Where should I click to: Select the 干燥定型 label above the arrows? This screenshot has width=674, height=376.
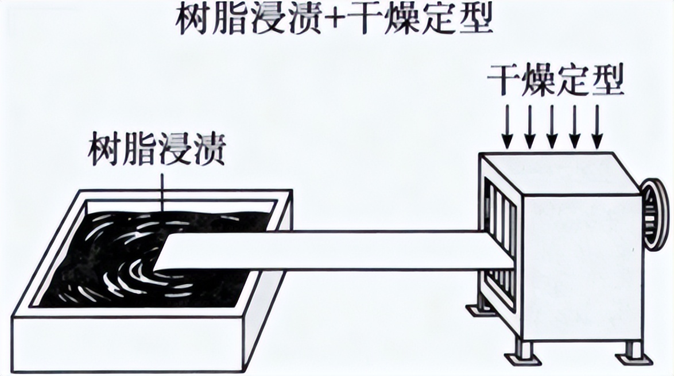pos(555,81)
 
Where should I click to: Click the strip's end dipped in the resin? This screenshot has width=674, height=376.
pos(172,253)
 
